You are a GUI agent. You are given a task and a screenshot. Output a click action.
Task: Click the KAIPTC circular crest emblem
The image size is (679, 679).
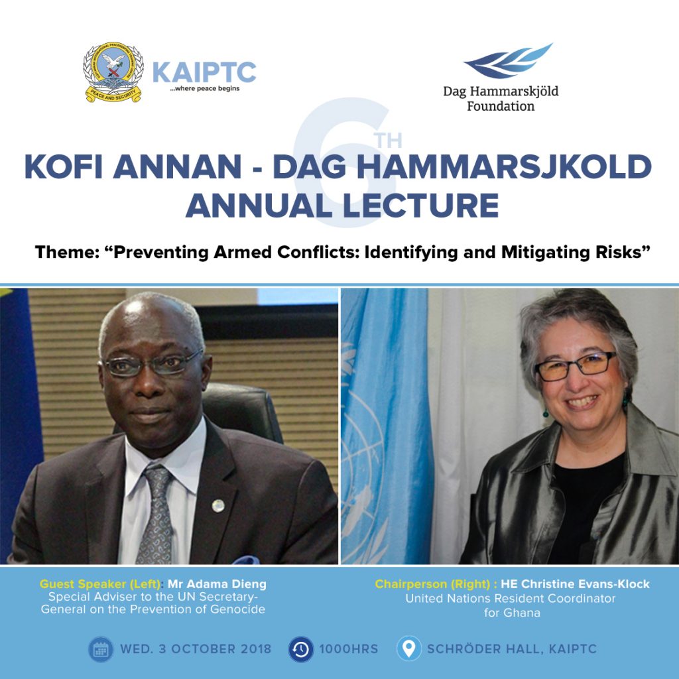(x=113, y=72)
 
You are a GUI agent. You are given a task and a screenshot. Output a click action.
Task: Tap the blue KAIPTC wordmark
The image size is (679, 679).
(x=204, y=72)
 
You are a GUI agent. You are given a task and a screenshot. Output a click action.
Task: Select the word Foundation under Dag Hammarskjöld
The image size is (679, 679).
(x=501, y=106)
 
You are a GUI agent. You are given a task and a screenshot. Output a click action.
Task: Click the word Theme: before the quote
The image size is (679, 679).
(x=68, y=252)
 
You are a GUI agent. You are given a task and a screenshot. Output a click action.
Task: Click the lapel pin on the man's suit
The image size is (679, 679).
(x=217, y=505)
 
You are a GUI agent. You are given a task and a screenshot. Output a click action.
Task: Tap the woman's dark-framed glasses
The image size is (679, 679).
(x=575, y=366)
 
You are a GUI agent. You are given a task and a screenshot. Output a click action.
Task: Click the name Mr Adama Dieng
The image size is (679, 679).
(x=217, y=584)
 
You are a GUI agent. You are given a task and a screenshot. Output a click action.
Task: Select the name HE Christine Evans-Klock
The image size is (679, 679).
(x=575, y=584)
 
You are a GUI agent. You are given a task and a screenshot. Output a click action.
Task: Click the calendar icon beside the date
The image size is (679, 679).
(x=101, y=649)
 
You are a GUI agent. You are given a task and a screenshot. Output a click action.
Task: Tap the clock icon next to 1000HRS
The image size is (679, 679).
(x=301, y=649)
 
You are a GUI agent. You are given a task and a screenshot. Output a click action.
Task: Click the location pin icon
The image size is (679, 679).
(x=408, y=648)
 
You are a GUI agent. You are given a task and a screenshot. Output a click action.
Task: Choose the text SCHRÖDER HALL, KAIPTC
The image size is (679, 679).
(x=512, y=649)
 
